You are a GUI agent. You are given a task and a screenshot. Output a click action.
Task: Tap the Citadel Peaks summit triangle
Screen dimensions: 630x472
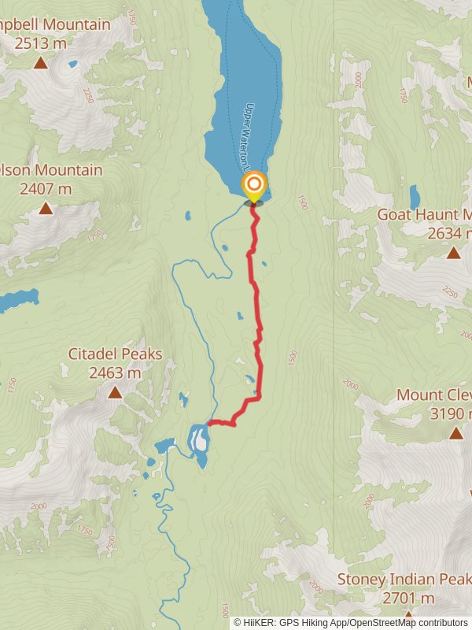click(115, 392)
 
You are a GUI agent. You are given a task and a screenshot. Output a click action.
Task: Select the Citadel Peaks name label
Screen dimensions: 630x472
click(115, 354)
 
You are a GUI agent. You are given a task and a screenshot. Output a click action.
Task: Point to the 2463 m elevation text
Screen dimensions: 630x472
click(115, 372)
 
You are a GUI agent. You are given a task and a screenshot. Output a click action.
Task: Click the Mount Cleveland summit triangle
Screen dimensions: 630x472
click(456, 433)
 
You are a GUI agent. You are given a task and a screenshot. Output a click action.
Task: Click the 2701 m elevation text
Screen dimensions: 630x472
click(408, 598)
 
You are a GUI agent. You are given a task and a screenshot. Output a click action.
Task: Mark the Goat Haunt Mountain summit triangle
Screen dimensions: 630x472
click(454, 253)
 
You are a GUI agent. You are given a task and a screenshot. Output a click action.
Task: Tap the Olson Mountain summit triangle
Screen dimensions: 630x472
click(46, 209)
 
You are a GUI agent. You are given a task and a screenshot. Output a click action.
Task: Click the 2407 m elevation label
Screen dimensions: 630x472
click(46, 188)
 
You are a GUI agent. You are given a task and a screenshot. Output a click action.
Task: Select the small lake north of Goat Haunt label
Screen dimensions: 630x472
click(415, 197)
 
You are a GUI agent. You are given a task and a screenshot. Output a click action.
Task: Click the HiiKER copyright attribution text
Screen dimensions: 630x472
click(351, 622)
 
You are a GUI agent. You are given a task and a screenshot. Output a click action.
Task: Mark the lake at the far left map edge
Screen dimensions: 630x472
click(17, 299)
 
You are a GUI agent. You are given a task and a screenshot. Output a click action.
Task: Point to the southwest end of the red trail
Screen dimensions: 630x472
click(209, 424)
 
